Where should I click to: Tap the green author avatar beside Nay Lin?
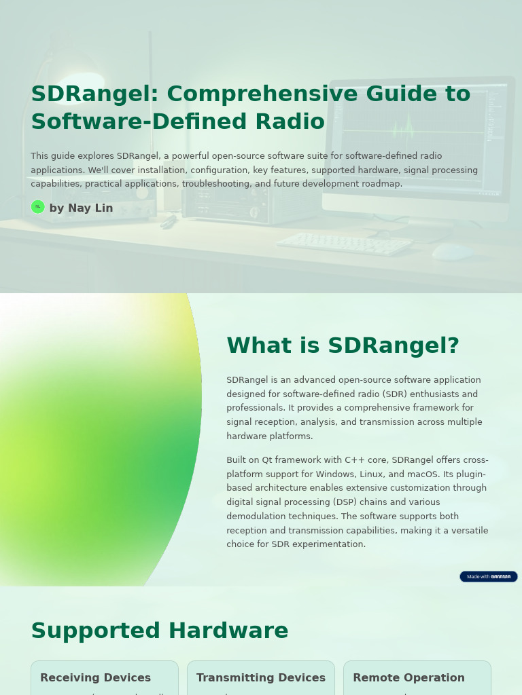pos(38,207)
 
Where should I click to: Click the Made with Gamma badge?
pos(488,576)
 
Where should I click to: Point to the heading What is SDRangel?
pos(343,346)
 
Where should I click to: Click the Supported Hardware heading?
pos(160,631)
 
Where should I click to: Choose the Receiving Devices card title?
pos(95,677)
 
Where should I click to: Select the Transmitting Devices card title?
pos(261,677)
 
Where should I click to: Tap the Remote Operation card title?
pos(408,677)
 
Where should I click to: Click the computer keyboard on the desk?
pos(344,244)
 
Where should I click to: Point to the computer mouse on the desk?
pos(452,252)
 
